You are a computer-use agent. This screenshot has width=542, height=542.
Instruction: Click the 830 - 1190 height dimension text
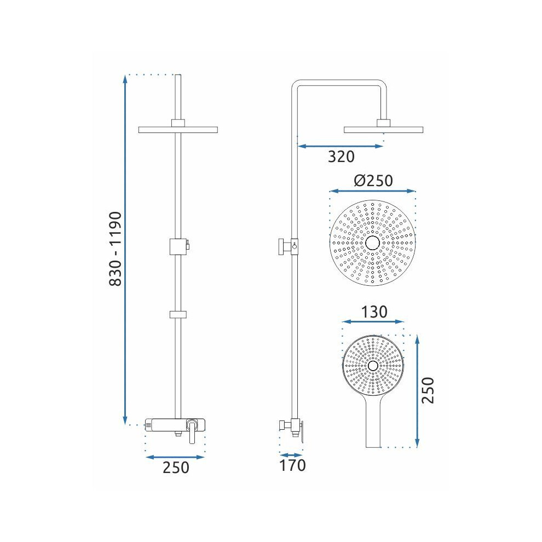[x=116, y=249]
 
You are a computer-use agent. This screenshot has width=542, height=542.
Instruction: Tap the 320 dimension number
[x=341, y=157]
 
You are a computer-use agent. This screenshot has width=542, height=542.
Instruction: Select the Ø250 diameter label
[x=373, y=181]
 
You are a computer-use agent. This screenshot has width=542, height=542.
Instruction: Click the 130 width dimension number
[x=374, y=312]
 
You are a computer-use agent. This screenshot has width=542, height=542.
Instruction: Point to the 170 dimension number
[x=292, y=465]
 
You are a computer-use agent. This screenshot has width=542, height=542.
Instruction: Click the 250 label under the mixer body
[x=176, y=468]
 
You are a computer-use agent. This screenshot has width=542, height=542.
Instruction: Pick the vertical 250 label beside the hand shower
[x=428, y=390]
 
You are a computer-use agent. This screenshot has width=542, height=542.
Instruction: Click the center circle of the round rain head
[x=373, y=243]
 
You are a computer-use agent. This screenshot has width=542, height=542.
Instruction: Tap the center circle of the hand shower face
[x=373, y=366]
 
